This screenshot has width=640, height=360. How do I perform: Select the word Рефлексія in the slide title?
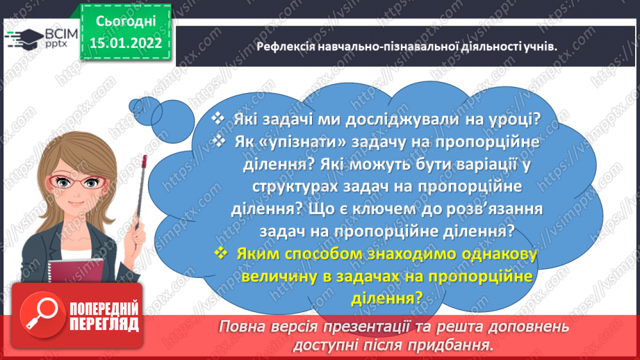286,47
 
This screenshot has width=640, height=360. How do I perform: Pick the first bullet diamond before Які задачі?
218,119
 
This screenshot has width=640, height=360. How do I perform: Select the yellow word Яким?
258,254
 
